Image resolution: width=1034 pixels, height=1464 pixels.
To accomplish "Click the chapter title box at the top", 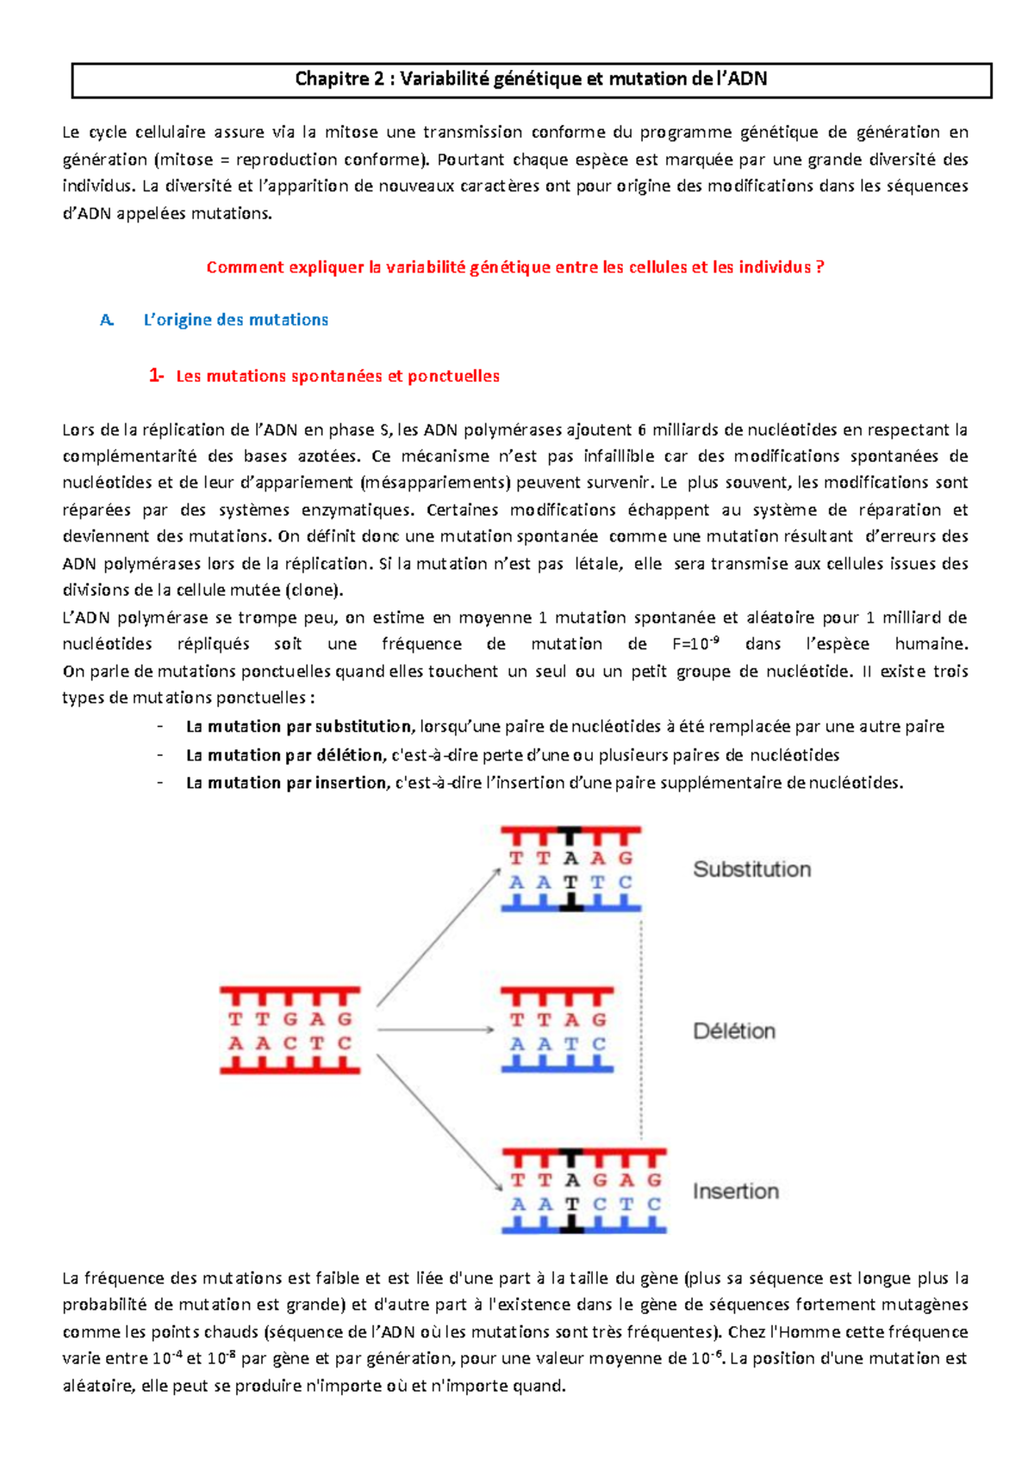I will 531,79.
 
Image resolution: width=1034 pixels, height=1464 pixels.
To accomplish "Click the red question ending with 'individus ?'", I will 515,267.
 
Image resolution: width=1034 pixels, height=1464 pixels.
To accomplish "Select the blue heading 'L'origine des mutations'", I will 235,320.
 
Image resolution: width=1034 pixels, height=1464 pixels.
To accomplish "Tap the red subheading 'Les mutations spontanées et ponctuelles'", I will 338,376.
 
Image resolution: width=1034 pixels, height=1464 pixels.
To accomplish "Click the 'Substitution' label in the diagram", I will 751,869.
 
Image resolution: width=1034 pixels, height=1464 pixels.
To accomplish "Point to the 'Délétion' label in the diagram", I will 734,1031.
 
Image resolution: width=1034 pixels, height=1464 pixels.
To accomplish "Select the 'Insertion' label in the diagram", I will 735,1192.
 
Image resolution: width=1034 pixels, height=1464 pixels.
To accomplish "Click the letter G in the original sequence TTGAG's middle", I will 290,1019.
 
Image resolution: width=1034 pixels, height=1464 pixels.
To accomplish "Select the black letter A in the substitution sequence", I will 570,858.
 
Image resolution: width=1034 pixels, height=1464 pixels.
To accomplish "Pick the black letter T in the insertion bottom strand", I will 571,1204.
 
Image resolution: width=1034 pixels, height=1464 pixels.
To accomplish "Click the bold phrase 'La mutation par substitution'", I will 298,727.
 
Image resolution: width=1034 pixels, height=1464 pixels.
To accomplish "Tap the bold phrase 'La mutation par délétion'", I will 284,755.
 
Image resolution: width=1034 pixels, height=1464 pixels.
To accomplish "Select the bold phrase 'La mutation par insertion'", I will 286,783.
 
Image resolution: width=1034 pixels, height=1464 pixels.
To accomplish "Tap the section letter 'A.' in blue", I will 107,320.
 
